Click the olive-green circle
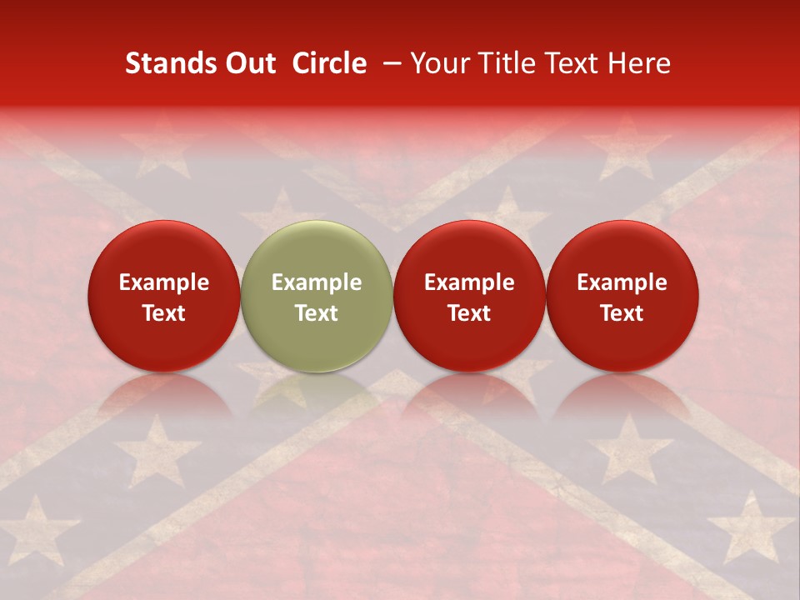click(x=317, y=250)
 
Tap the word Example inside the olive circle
click(x=317, y=282)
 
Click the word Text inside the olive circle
click(x=317, y=313)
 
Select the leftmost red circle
click(x=164, y=250)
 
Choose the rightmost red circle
click(x=622, y=250)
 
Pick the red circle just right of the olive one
click(x=469, y=250)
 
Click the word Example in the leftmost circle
click(x=164, y=282)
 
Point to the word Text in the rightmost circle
click(x=622, y=313)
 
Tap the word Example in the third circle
click(x=469, y=282)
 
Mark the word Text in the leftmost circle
click(x=164, y=313)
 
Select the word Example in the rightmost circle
click(x=622, y=282)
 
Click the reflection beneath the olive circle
click(x=317, y=392)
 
